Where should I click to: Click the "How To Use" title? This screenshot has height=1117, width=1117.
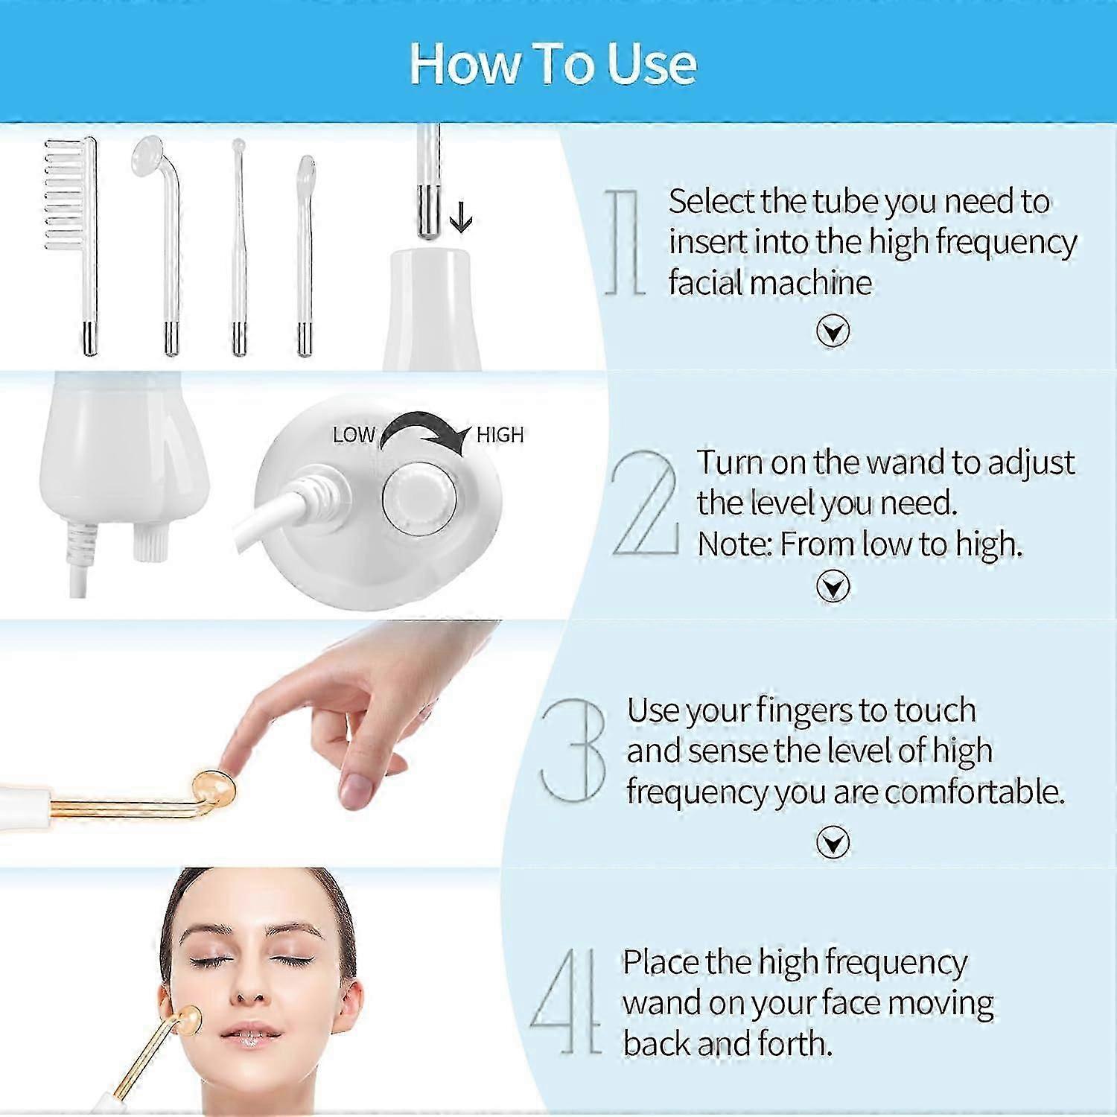click(553, 63)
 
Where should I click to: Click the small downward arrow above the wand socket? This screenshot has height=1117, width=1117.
click(462, 218)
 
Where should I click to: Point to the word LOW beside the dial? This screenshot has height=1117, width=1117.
click(353, 436)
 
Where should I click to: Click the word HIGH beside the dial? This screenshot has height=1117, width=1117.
click(500, 435)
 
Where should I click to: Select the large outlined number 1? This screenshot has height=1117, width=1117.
click(624, 242)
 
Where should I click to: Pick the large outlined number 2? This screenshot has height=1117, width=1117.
click(645, 503)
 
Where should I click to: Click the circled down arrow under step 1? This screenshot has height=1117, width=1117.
click(833, 331)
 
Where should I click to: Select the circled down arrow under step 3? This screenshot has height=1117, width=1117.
click(833, 843)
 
